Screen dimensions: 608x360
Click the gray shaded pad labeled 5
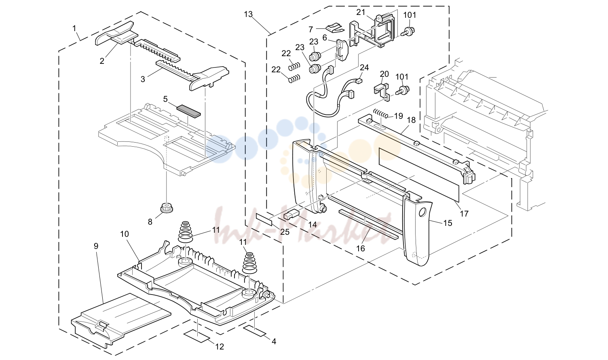coord(189,111)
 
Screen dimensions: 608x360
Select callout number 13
coord(248,14)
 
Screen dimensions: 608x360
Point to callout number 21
coord(361,12)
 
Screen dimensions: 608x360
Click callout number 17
coord(464,214)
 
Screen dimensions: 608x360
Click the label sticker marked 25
coord(264,219)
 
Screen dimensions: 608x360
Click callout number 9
coord(96,246)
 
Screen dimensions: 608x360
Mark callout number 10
coord(125,234)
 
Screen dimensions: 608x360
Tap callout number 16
coord(361,248)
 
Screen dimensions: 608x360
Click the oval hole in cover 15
coord(422,212)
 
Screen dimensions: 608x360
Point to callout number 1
coord(74,28)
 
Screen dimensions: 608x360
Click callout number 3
coord(142,79)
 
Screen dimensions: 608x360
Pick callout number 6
coord(325,38)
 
